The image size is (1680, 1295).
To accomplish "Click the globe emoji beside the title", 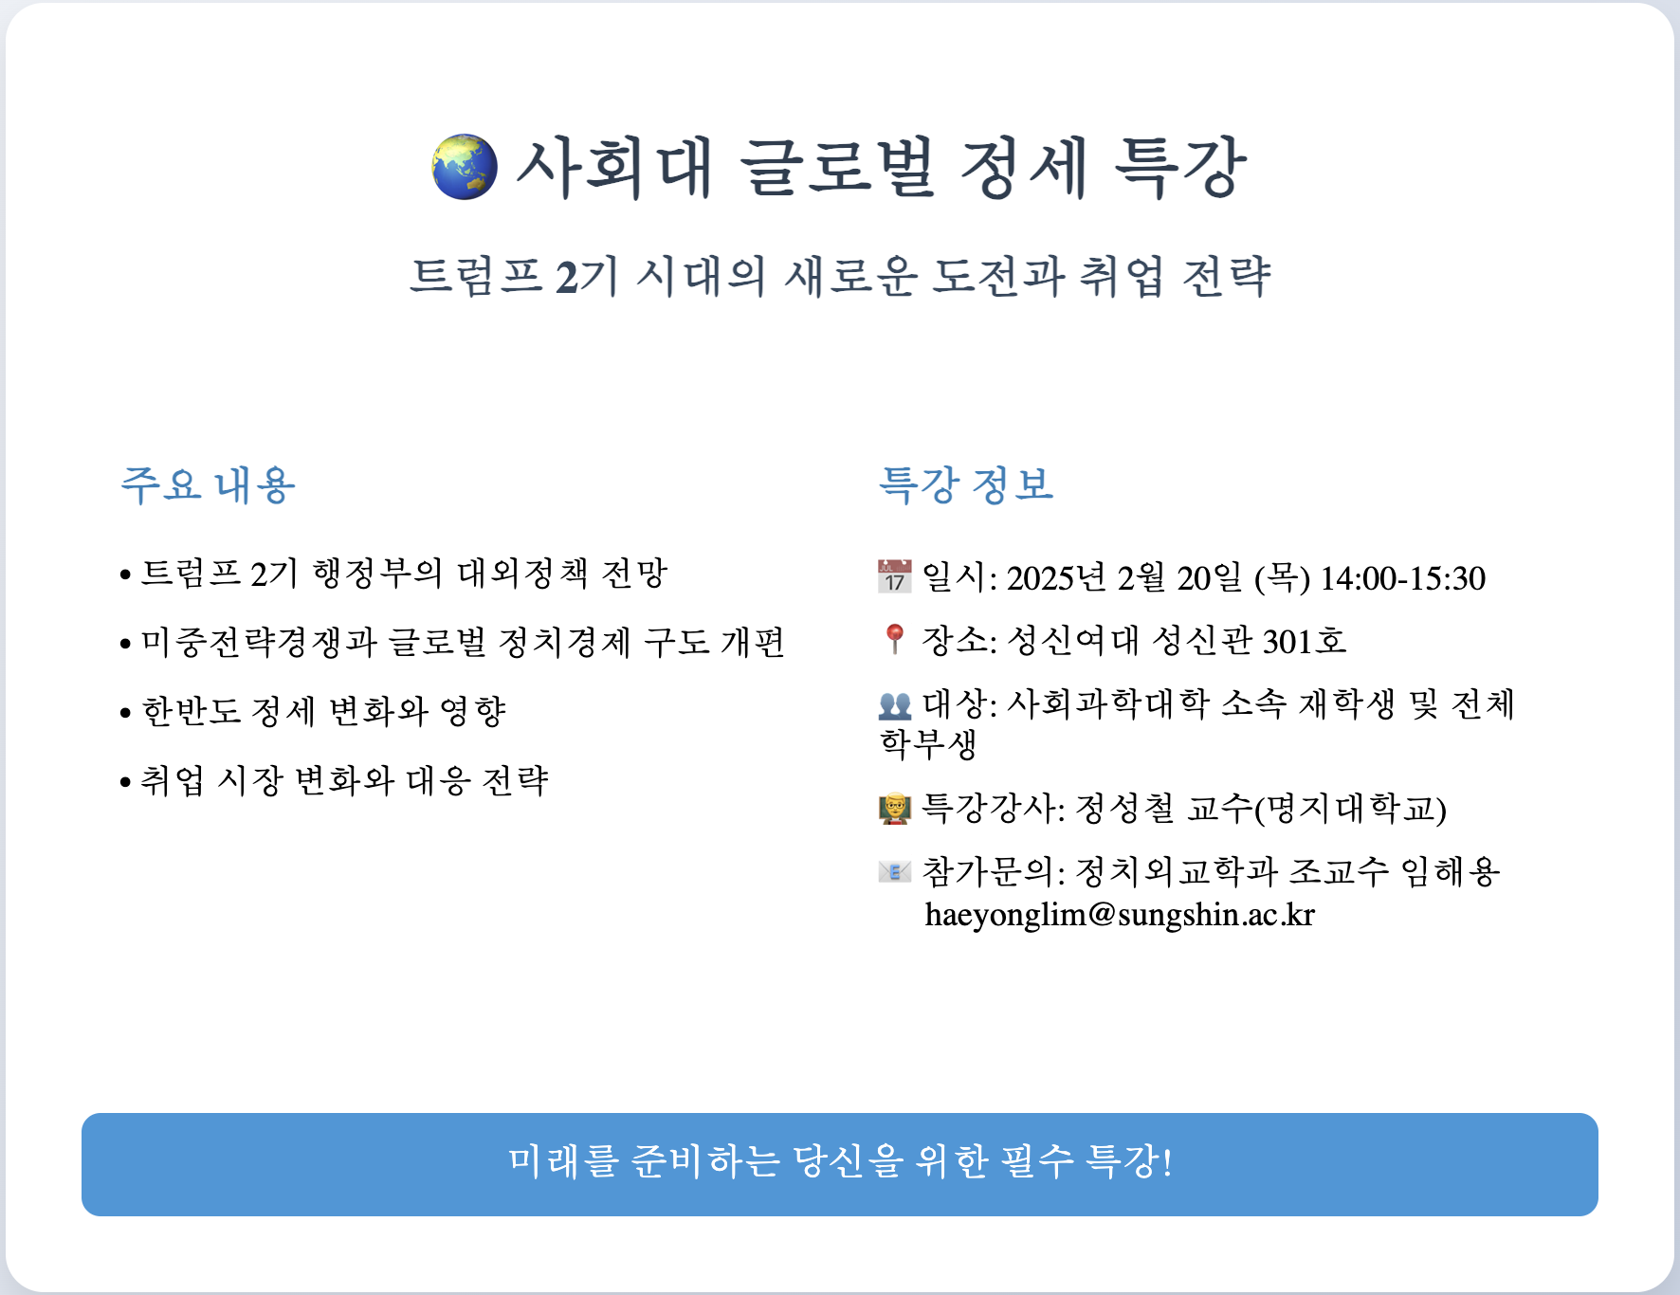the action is [465, 168].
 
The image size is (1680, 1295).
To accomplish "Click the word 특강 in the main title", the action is [1178, 167].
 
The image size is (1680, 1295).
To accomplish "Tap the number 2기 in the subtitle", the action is [587, 277].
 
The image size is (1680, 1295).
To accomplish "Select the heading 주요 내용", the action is [208, 484].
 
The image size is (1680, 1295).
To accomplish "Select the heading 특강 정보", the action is [966, 484].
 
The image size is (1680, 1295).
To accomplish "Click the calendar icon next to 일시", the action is [895, 576].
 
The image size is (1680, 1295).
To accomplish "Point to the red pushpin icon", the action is [894, 639].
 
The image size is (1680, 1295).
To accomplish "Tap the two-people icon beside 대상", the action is [895, 704].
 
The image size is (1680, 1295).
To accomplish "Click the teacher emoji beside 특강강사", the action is [895, 809].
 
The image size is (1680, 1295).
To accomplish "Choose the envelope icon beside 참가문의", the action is [895, 870].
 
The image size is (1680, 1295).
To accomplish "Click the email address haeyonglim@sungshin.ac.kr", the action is [1120, 915].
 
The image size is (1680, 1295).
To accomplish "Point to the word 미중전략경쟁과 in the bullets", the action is [259, 643].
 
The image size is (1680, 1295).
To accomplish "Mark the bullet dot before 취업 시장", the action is [125, 783].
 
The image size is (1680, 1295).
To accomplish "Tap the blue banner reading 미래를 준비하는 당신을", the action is [840, 1164].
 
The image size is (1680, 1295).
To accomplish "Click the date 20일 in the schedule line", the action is [1210, 578].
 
